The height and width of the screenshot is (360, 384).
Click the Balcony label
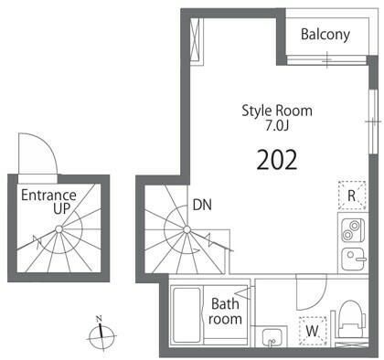(x=325, y=35)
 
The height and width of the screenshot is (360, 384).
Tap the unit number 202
(x=277, y=160)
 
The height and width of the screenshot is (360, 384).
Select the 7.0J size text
(x=277, y=126)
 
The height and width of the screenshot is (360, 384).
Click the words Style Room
(x=277, y=111)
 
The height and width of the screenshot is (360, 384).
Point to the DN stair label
(x=202, y=205)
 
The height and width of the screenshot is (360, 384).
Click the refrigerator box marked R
(x=352, y=196)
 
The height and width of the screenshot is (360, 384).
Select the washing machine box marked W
(x=313, y=331)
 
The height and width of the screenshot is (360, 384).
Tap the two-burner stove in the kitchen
(x=353, y=230)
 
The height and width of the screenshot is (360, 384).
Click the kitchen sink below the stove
(x=354, y=259)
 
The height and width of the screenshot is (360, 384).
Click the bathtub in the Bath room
(x=187, y=315)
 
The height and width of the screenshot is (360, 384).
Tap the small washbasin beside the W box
(x=273, y=337)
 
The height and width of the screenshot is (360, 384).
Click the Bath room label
(x=225, y=312)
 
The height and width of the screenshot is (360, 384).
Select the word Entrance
(x=48, y=195)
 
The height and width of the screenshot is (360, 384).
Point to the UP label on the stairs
(x=62, y=208)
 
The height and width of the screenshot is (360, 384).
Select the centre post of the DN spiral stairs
(x=187, y=229)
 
